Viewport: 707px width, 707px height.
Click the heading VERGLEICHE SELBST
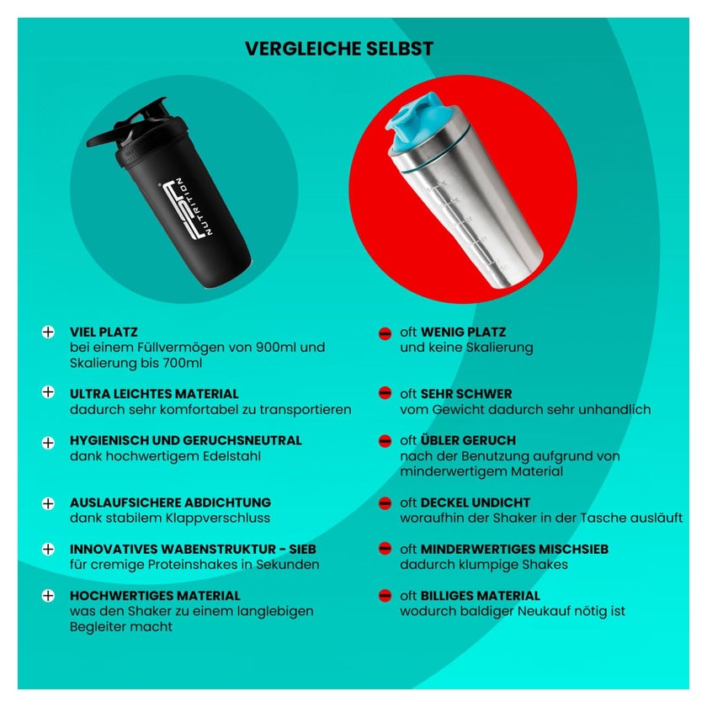[x=339, y=49]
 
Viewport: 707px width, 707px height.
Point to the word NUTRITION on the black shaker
[x=194, y=206]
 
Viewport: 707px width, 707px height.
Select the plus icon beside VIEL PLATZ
[x=48, y=332]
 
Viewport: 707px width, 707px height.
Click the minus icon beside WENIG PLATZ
[x=385, y=333]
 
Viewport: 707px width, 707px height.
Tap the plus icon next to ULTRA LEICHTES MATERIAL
[x=48, y=392]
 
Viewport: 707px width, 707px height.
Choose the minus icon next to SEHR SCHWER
[x=385, y=393]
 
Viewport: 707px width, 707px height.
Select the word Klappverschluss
[x=218, y=518]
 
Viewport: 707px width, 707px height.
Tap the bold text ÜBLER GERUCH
[x=468, y=440]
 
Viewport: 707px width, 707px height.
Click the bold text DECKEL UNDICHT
[x=476, y=502]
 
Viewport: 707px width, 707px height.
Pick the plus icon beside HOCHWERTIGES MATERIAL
[x=48, y=596]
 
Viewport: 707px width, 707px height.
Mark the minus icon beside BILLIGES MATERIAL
[x=385, y=596]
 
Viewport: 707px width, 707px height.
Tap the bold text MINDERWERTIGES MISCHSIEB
[x=514, y=549]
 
